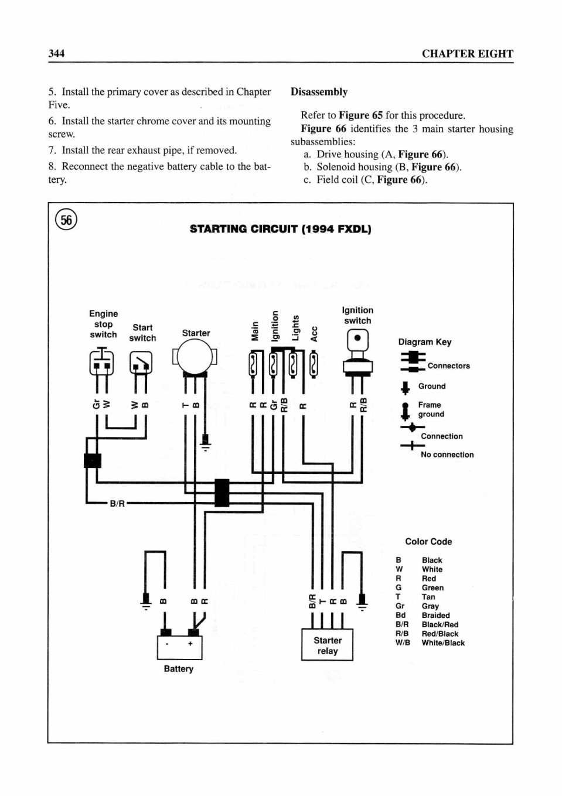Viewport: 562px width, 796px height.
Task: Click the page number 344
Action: [56, 53]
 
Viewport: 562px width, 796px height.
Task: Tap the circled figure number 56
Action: [66, 220]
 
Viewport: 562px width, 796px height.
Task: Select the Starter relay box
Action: [327, 645]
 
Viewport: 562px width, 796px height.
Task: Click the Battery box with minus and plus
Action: [179, 647]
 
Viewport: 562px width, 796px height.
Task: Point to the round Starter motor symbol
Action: [195, 357]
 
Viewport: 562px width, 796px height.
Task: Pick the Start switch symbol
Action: [141, 363]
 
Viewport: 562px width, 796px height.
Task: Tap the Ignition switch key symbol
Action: [357, 353]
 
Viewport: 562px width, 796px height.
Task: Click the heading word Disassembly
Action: [319, 92]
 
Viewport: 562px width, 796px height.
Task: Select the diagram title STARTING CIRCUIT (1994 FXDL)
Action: [281, 229]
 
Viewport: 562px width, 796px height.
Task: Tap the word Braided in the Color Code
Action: [435, 615]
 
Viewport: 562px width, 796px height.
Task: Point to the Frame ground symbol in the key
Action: [405, 411]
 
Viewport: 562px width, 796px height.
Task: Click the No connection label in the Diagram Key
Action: [447, 455]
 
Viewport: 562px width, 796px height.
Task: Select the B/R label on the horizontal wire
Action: [117, 504]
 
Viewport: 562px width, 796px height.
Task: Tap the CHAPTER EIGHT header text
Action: [468, 54]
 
